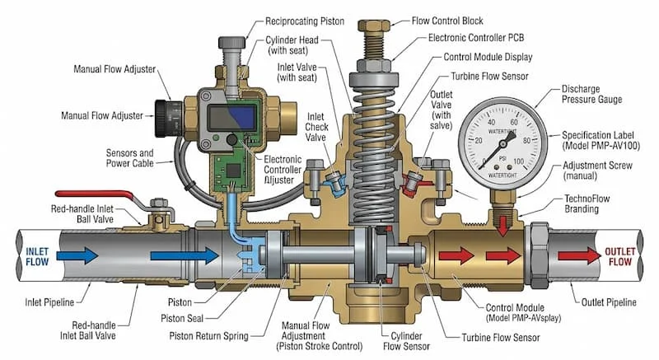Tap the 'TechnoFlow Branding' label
pyautogui.click(x=594, y=203)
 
